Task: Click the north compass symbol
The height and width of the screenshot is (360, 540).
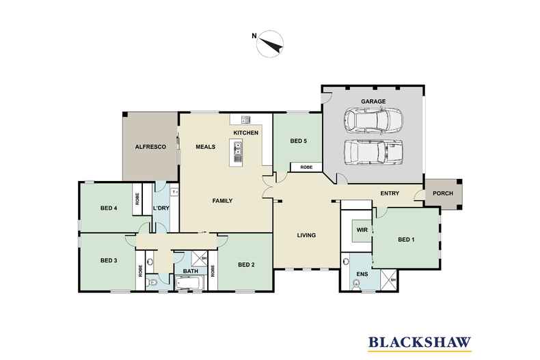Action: [x=269, y=44]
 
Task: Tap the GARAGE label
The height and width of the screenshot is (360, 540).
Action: [x=373, y=101]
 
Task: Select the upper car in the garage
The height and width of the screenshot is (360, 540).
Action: [x=373, y=120]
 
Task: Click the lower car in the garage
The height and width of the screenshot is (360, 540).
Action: [x=374, y=152]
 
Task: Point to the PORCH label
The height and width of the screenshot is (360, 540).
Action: [x=442, y=193]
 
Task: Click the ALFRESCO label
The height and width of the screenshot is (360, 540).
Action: [x=150, y=147]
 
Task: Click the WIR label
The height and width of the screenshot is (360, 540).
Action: [x=362, y=230]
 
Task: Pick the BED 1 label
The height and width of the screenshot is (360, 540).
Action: [x=406, y=239]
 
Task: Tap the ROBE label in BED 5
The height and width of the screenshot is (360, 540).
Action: [x=306, y=167]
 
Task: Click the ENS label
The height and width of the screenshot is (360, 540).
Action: [x=362, y=274]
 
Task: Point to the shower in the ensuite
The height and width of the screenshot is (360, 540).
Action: [x=389, y=280]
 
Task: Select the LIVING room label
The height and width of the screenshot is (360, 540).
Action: [x=306, y=235]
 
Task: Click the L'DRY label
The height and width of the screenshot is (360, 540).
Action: [x=161, y=208]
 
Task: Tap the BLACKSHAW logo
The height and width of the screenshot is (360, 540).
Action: [x=420, y=343]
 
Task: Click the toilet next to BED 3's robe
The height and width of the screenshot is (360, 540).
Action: [x=152, y=283]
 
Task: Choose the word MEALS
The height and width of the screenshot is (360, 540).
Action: [x=206, y=147]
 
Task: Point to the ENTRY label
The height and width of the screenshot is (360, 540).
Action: [x=390, y=193]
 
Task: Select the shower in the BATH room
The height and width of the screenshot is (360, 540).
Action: [x=199, y=258]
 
